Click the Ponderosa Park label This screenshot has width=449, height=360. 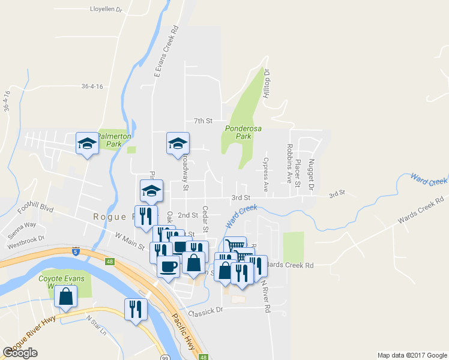pyautogui.click(x=238, y=132)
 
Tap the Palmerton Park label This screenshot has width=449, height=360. pyautogui.click(x=113, y=140)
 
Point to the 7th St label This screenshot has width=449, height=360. pyautogui.click(x=203, y=121)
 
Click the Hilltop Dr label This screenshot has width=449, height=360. pyautogui.click(x=267, y=84)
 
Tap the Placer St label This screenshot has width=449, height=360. pyautogui.click(x=298, y=173)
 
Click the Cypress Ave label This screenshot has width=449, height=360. pyautogui.click(x=266, y=169)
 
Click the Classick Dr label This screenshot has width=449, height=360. pyautogui.click(x=205, y=311)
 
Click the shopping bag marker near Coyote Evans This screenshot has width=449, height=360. pyautogui.click(x=65, y=296)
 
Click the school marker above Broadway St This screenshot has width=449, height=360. pyautogui.click(x=178, y=143)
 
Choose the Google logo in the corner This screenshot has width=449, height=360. pyautogui.click(x=20, y=353)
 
